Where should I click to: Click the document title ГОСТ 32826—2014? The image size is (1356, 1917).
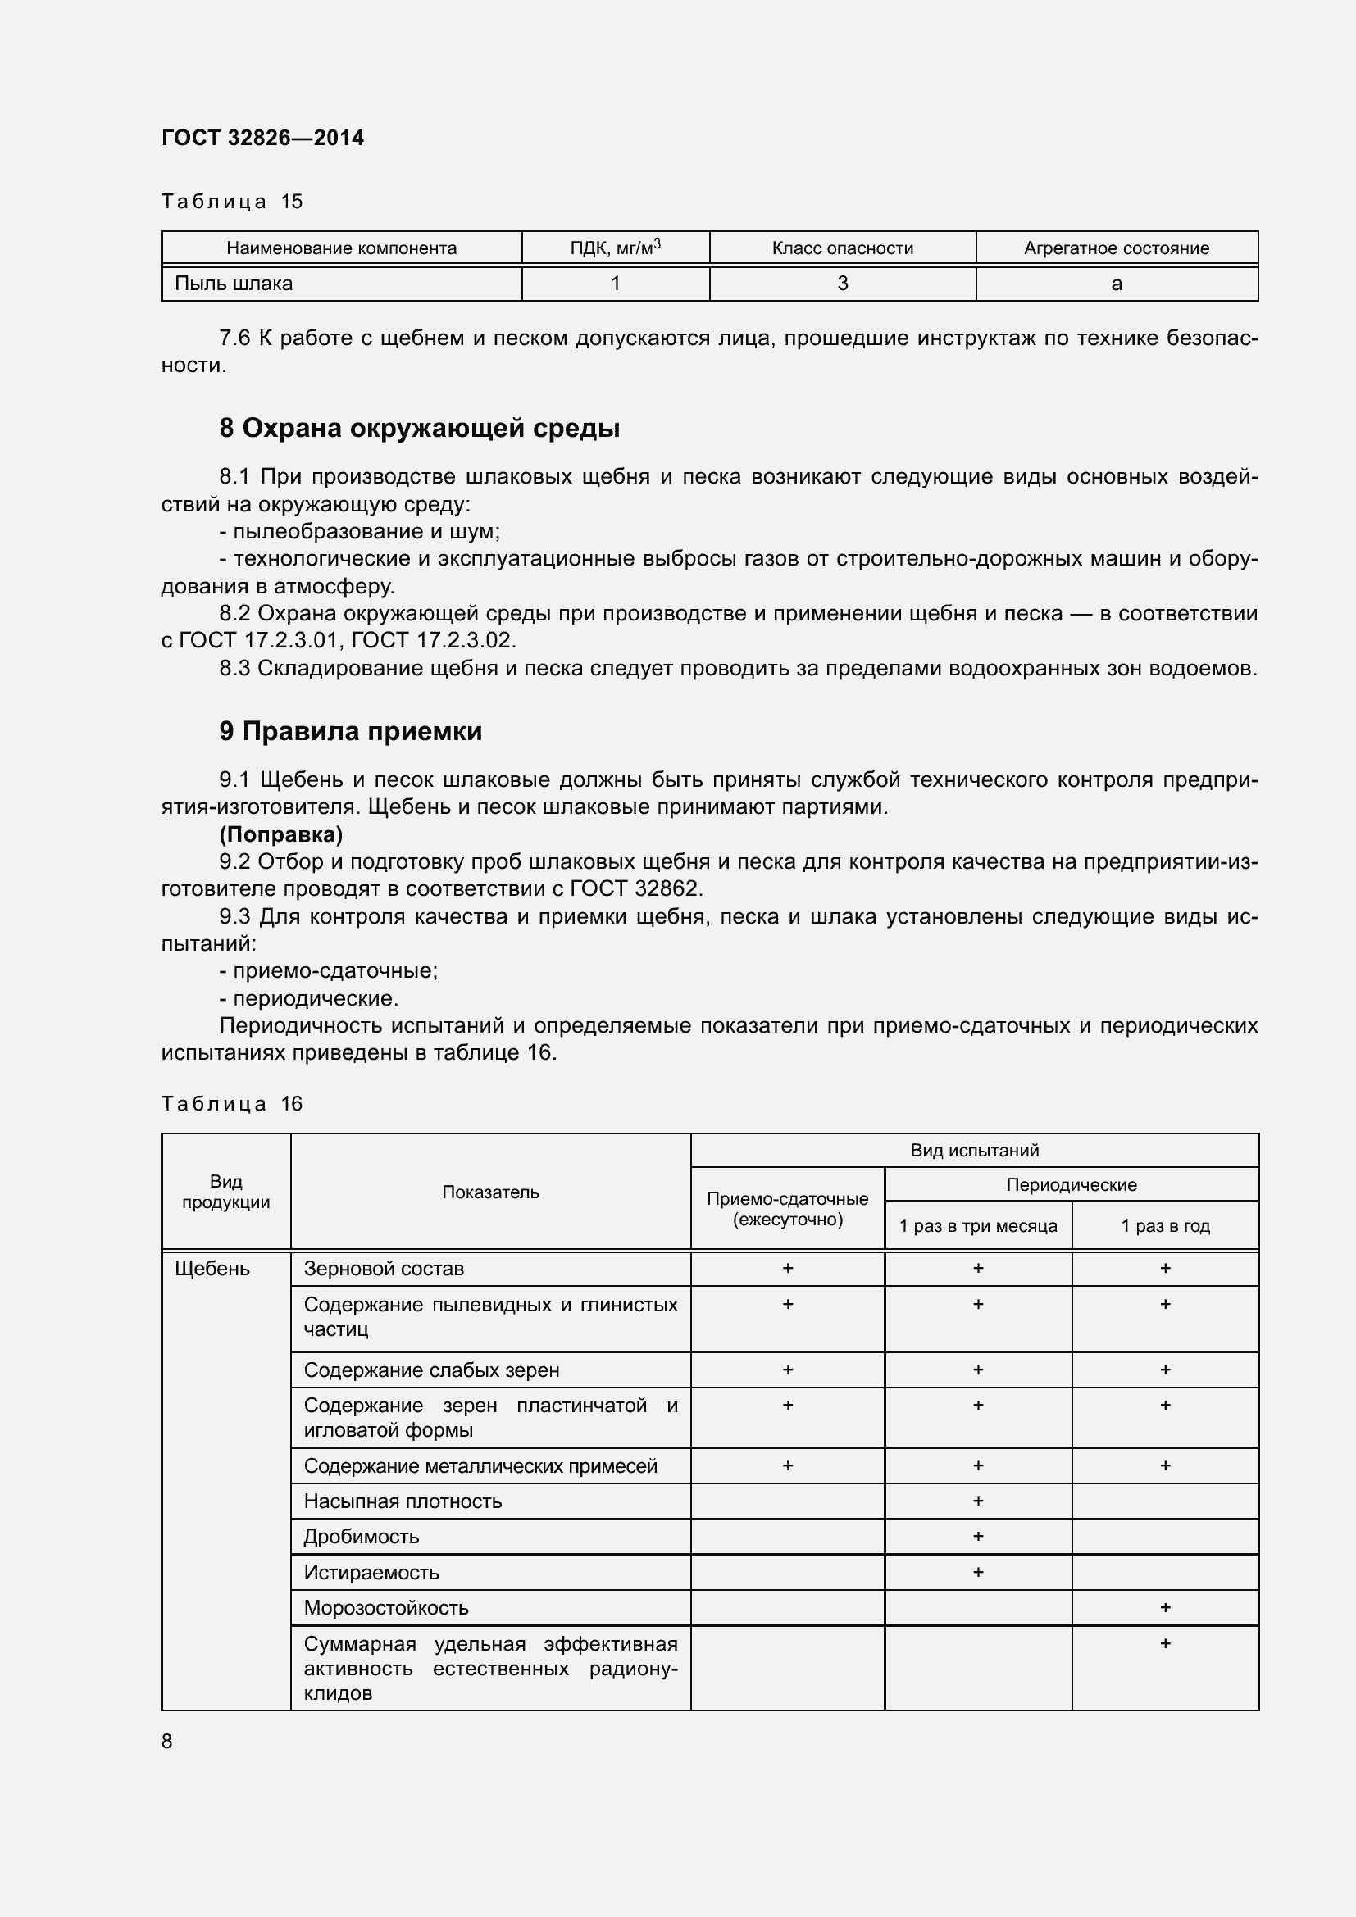tap(262, 138)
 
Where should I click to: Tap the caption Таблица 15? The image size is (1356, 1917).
tap(231, 202)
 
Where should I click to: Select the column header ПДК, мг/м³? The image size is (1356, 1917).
tap(616, 248)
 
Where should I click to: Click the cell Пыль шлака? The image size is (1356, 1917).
tap(234, 284)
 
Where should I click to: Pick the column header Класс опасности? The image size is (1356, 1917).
tap(842, 248)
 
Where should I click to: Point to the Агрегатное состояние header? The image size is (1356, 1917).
tap(1116, 248)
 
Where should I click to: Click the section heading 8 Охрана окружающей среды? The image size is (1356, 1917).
tap(419, 429)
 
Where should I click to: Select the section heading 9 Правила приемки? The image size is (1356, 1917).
tap(351, 731)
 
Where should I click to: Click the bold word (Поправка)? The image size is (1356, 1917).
tap(280, 834)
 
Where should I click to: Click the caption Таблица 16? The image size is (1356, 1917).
tap(231, 1104)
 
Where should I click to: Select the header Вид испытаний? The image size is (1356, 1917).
tap(974, 1151)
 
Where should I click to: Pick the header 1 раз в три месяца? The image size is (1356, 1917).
tap(977, 1225)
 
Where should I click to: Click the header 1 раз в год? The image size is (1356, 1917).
tap(1164, 1225)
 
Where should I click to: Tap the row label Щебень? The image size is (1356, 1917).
tap(212, 1268)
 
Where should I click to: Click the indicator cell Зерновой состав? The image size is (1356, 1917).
tap(383, 1268)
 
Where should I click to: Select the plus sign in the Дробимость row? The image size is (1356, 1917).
tap(977, 1536)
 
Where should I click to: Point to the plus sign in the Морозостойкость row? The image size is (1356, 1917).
tap(1164, 1607)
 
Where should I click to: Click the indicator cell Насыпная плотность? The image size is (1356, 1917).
tap(403, 1501)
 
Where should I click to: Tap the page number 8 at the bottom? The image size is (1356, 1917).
tap(167, 1741)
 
